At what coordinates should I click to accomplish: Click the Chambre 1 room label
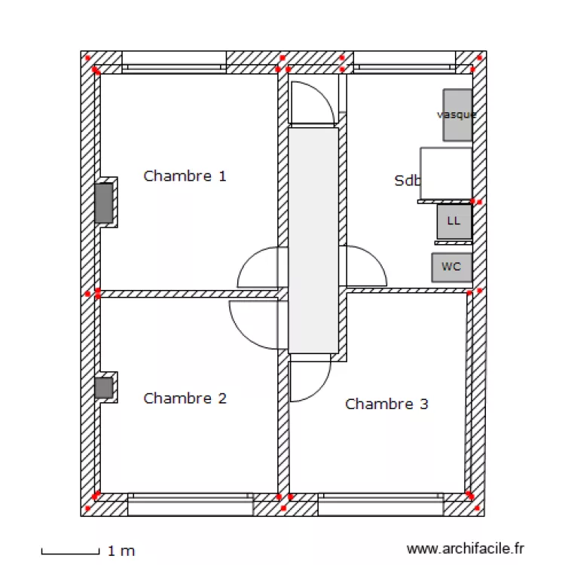coord(185,176)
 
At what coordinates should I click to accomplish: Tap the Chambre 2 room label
coord(185,398)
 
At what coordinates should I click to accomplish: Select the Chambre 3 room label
coord(386,404)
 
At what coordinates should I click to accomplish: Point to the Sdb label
coord(407,181)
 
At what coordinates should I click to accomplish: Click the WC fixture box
coord(451,267)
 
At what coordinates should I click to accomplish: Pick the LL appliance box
coord(454,221)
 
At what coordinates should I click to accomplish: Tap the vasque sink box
coord(457,115)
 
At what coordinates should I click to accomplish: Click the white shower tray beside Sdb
coord(446,173)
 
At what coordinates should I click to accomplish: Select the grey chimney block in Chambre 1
coord(104,203)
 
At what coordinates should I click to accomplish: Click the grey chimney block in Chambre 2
coord(104,388)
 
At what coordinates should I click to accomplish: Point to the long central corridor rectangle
coord(313,240)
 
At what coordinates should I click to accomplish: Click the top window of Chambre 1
coord(175,61)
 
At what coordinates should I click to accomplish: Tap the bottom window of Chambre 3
coord(379,504)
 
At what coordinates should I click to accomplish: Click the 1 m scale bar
coord(69,551)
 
